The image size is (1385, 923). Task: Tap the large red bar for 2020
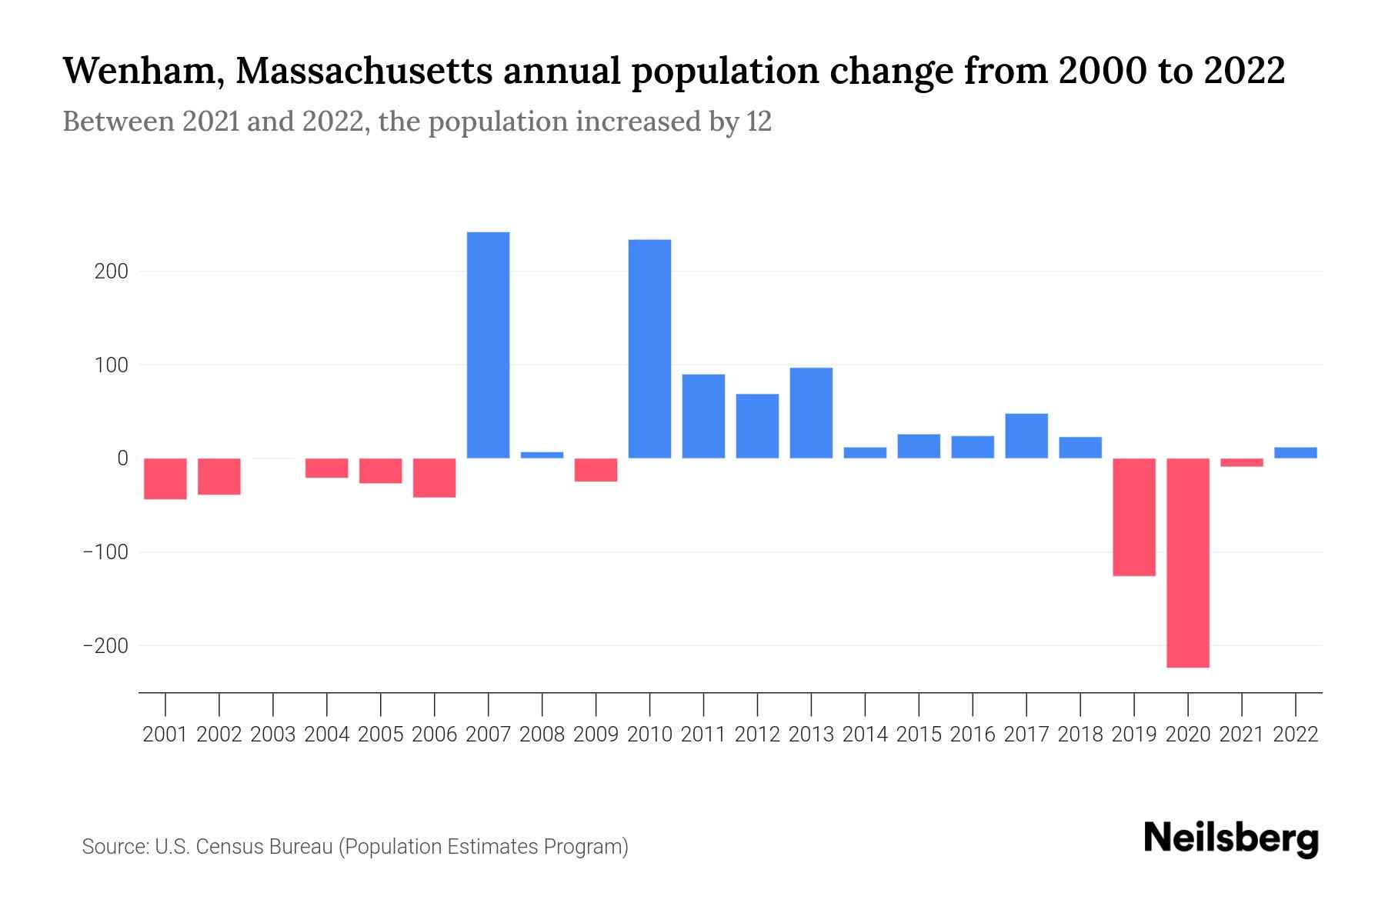click(x=1187, y=562)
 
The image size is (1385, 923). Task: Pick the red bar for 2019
click(x=1133, y=517)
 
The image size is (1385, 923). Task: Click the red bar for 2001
click(x=165, y=478)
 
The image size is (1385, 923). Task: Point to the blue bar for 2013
click(x=811, y=413)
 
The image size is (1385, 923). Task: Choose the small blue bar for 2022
click(x=1295, y=453)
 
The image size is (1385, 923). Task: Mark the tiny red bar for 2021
click(x=1241, y=462)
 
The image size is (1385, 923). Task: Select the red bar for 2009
click(x=596, y=470)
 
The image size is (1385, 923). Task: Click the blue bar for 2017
click(x=1026, y=436)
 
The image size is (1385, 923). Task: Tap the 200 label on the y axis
click(x=112, y=272)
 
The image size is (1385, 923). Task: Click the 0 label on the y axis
click(x=122, y=458)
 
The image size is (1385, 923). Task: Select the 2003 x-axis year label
click(x=273, y=735)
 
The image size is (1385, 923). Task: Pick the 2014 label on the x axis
click(x=865, y=735)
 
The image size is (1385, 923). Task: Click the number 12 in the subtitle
click(x=758, y=122)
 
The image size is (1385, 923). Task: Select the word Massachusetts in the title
click(x=364, y=72)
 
